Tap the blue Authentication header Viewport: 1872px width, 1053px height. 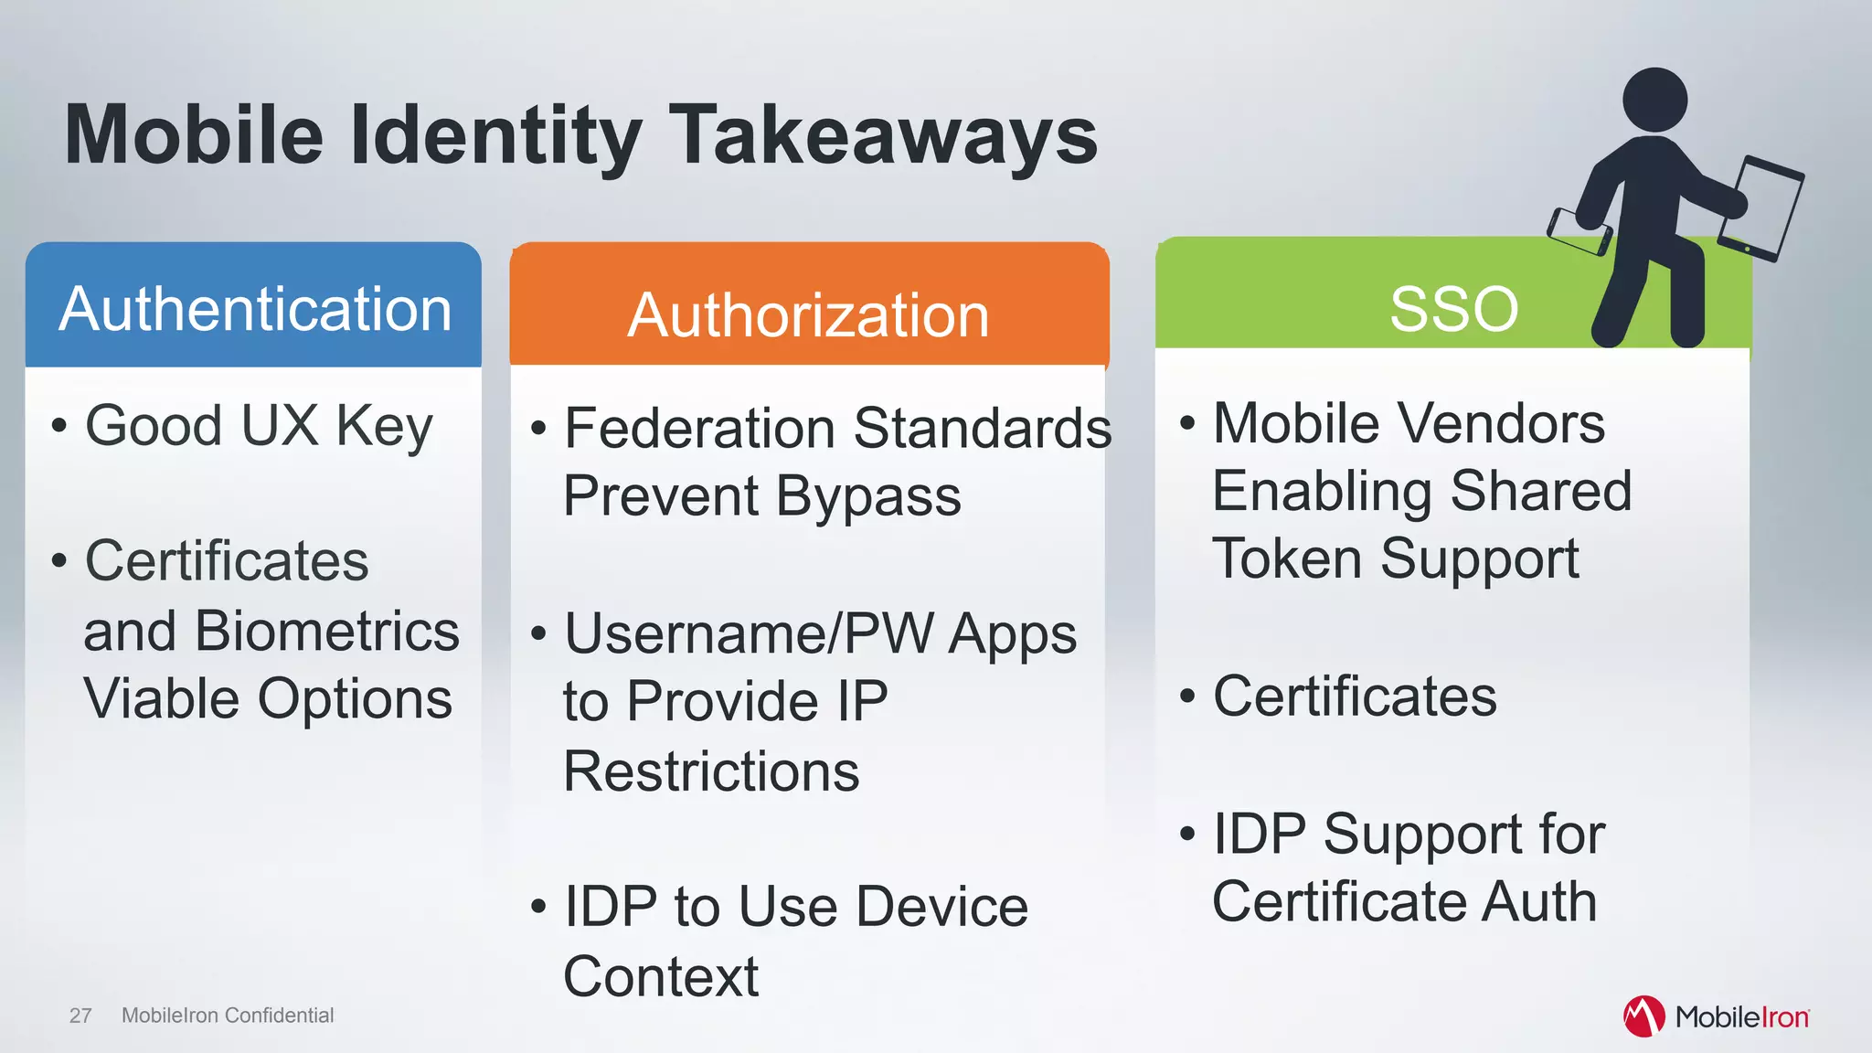point(255,309)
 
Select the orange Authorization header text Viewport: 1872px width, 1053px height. point(808,315)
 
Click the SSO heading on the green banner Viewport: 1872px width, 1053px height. point(1453,309)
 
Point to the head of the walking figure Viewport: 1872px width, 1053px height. point(1654,100)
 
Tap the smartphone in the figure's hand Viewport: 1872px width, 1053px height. point(1579,232)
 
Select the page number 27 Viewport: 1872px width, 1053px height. point(80,1016)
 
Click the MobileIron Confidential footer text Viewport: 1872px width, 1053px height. point(228,1016)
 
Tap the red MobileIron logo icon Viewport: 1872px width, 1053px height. point(1643,1016)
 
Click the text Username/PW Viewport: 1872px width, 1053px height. point(750,633)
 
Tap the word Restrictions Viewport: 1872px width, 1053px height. point(711,771)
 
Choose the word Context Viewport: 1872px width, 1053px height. point(661,977)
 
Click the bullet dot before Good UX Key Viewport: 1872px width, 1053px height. point(59,426)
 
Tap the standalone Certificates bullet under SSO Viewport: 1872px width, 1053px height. point(1354,697)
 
